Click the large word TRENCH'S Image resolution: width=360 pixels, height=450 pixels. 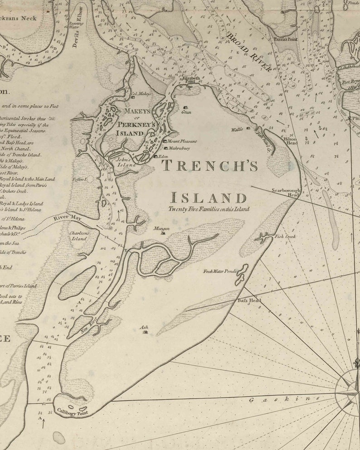point(210,166)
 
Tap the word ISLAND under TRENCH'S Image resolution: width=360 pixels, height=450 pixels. point(209,198)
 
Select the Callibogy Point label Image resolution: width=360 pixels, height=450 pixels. point(73,411)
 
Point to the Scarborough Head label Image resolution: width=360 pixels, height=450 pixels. point(286,193)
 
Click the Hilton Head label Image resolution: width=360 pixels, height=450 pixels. point(291,141)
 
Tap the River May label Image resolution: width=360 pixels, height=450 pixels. point(67,218)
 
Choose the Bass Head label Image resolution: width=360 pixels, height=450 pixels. point(249,300)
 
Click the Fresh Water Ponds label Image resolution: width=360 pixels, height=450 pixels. point(219,271)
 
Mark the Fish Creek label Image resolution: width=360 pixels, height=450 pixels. point(285,237)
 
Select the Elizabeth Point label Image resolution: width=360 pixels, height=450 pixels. point(191,80)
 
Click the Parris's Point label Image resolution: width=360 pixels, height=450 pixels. point(286,39)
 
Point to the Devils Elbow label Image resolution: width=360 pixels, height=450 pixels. point(78,34)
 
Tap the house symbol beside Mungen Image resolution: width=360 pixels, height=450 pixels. point(163,234)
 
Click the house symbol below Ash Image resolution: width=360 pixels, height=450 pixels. point(145,332)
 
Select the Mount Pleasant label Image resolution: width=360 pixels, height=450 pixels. point(182,141)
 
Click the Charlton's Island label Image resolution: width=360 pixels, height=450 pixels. point(79,236)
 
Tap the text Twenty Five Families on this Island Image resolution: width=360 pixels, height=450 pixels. point(209,209)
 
